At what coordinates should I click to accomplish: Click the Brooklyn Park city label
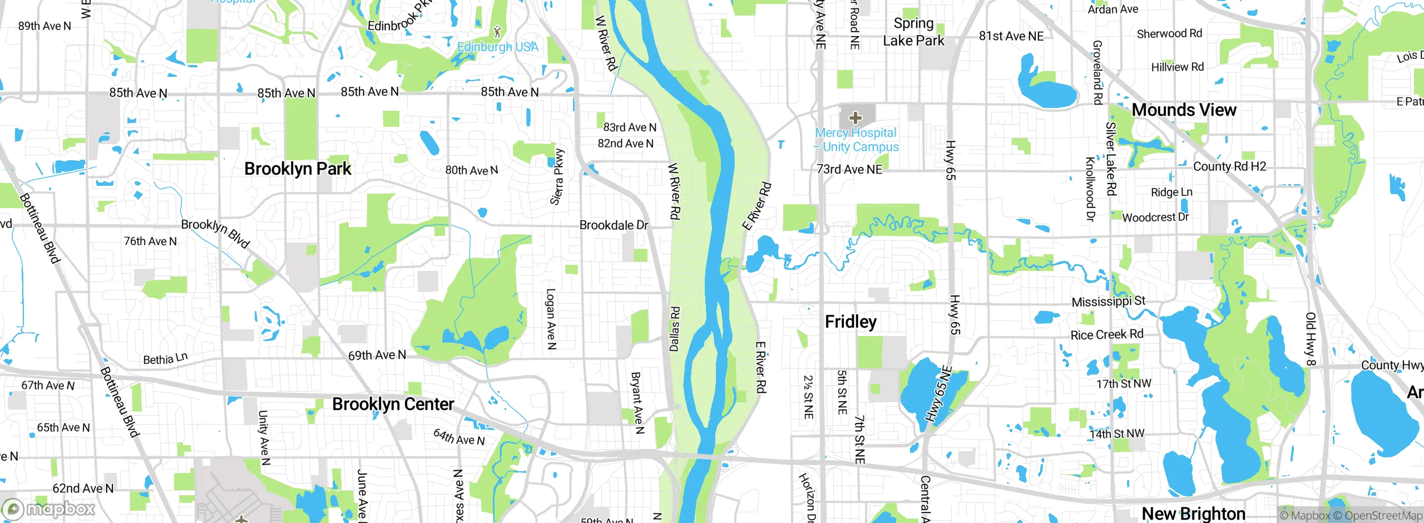pos(298,169)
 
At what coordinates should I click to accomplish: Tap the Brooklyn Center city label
pos(393,404)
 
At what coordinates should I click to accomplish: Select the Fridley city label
pos(851,322)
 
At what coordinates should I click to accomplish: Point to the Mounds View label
pos(1184,110)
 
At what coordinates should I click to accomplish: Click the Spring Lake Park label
pos(913,32)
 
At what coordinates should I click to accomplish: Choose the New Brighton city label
pos(1193,513)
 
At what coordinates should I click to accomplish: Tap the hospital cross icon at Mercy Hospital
pos(856,118)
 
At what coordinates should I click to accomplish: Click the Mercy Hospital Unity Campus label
pos(857,140)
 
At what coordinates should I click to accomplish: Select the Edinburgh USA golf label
pos(497,47)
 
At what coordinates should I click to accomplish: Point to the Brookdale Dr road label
pos(614,225)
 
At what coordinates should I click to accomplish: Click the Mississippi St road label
pos(1108,302)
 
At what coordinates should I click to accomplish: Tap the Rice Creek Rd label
pos(1107,334)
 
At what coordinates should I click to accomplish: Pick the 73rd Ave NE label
pos(849,169)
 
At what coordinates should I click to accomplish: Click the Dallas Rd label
pos(674,328)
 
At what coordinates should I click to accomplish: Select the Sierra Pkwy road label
pos(557,177)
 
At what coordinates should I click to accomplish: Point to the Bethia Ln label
pos(165,359)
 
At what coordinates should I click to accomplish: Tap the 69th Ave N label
pos(377,355)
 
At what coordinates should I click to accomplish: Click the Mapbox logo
pos(49,509)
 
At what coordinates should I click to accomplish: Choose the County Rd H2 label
pos(1229,166)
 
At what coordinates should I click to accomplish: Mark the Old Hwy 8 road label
pos(1311,339)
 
